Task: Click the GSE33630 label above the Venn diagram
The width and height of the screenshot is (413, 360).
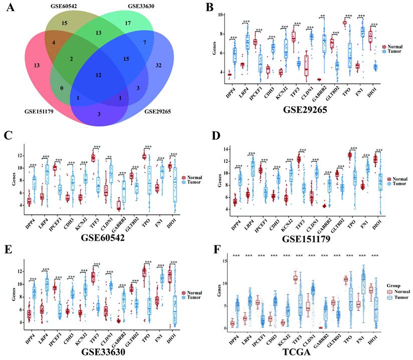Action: click(141, 6)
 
